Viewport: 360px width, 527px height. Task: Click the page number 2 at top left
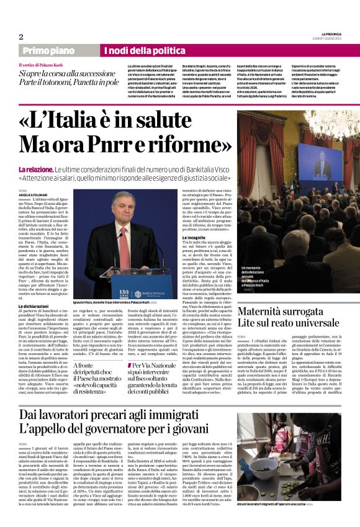21,37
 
